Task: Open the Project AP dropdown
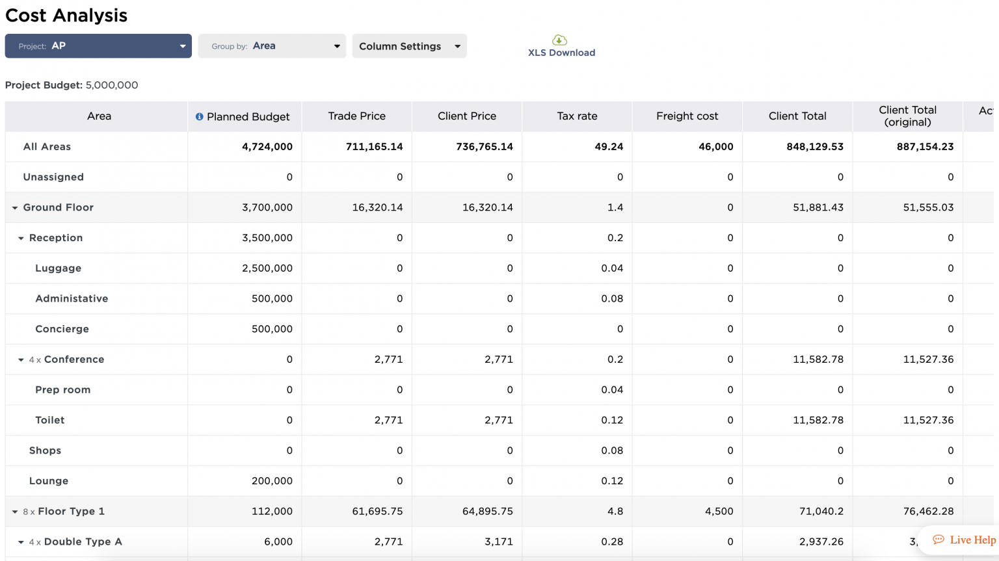98,46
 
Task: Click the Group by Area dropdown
272,46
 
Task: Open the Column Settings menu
409,46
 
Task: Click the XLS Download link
561,47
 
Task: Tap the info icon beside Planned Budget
199,117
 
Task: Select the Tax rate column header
577,116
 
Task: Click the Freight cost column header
687,116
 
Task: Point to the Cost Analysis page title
66,16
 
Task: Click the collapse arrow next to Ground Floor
15,208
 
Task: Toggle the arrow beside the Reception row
21,239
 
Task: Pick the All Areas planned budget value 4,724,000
267,147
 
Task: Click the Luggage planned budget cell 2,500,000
267,268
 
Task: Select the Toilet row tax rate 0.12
611,421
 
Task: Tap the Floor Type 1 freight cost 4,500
719,512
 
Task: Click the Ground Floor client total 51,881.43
818,208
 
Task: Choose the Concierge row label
62,329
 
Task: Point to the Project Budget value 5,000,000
112,85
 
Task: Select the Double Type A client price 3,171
498,542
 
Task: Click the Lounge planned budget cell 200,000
272,481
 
